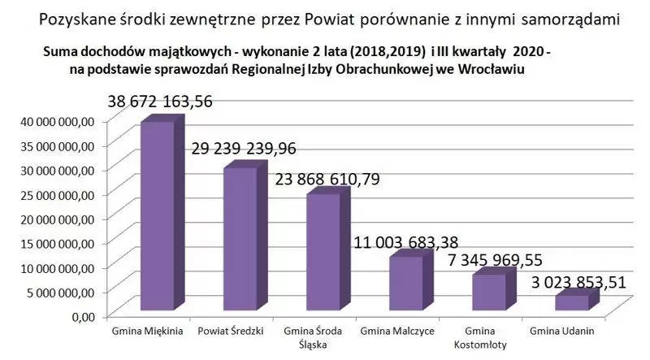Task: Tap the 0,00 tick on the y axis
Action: (x=84, y=315)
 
